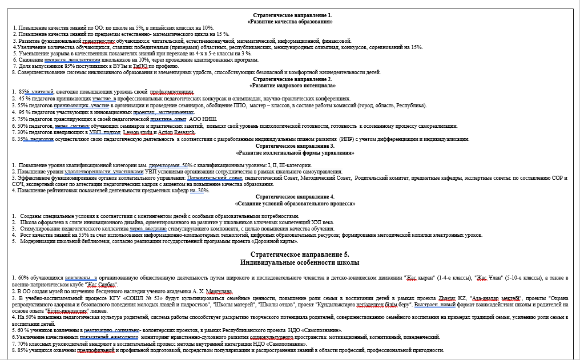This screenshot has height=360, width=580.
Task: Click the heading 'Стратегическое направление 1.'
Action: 291,14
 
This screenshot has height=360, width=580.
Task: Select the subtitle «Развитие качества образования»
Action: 291,21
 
